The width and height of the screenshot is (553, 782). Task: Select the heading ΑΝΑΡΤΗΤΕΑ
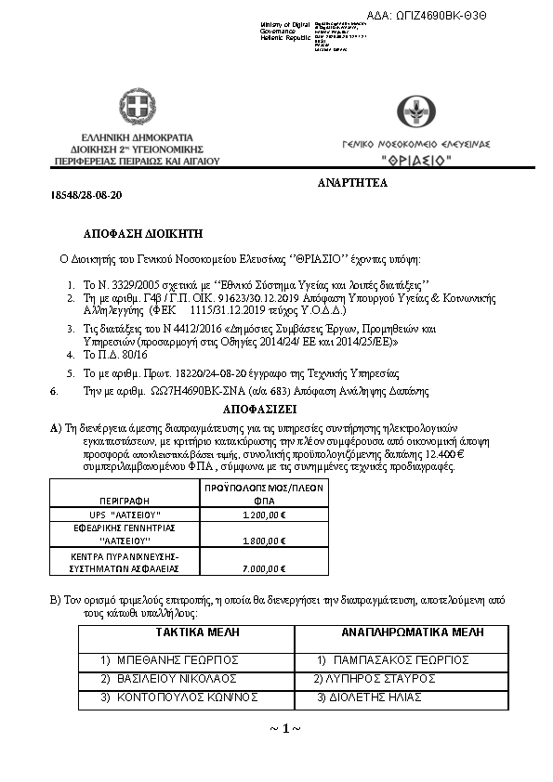pos(352,184)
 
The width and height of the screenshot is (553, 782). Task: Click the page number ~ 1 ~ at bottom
pos(285,727)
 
